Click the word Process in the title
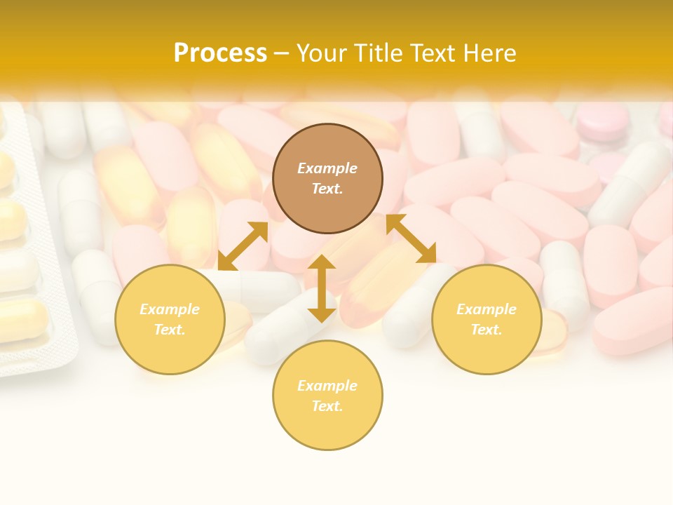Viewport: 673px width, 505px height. [220, 53]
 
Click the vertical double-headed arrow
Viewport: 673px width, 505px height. [322, 288]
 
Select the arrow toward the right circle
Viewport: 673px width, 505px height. [412, 238]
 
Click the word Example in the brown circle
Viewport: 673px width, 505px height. [327, 168]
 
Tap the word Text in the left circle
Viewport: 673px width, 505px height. [169, 330]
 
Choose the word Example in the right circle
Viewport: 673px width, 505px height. [487, 309]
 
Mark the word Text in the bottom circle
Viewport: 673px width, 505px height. [327, 406]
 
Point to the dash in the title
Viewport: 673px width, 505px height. [282, 53]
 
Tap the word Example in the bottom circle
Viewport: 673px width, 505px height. [327, 386]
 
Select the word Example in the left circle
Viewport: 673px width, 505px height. [170, 309]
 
